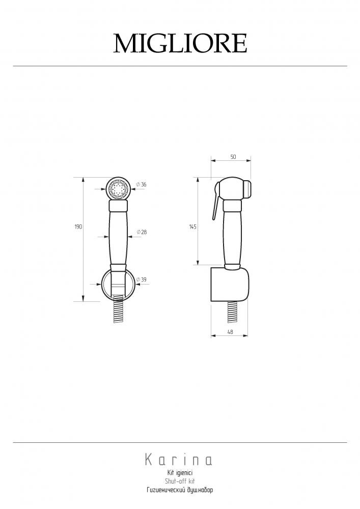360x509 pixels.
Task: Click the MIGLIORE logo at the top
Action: (180, 43)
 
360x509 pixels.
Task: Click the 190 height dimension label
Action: (78, 227)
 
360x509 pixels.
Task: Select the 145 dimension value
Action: (193, 227)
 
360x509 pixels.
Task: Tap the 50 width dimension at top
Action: (233, 157)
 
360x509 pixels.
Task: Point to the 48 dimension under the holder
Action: (230, 332)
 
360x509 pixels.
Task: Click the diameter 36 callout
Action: (141, 184)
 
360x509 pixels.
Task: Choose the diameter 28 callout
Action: (142, 232)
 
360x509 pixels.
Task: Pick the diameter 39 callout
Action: (141, 279)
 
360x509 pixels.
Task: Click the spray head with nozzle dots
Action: (118, 189)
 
